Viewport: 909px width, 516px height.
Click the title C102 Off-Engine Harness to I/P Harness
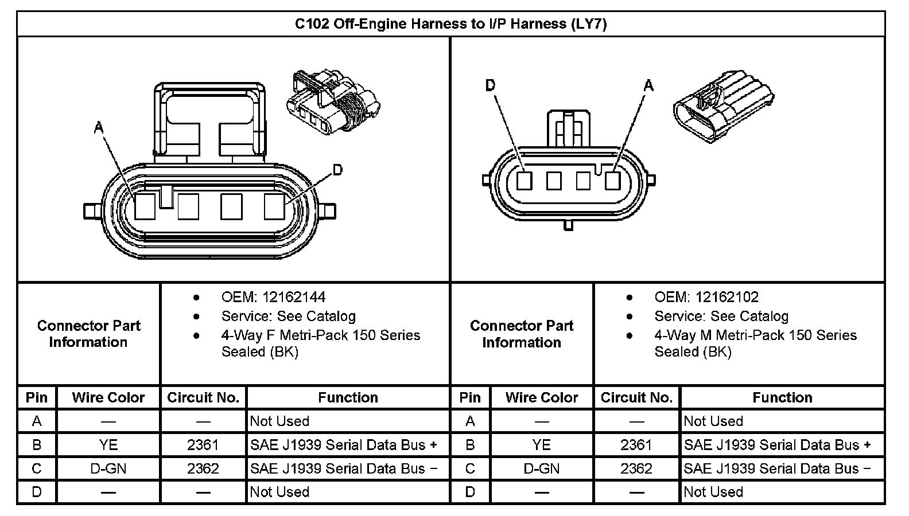[x=450, y=24]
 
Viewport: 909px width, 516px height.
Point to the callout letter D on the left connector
[x=337, y=170]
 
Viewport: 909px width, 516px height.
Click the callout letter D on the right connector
[x=490, y=85]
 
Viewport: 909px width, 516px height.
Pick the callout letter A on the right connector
[x=648, y=86]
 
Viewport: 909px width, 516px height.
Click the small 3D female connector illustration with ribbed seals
[x=333, y=101]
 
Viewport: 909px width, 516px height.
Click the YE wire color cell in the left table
[x=108, y=445]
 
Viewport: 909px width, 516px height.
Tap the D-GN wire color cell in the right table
[x=541, y=468]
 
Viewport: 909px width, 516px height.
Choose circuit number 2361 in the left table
[x=203, y=445]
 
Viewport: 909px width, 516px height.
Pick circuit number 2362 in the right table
[x=636, y=468]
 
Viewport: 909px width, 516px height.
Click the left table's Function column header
[x=348, y=397]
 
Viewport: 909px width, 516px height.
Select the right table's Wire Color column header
[x=541, y=397]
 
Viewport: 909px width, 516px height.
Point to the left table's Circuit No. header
[x=203, y=397]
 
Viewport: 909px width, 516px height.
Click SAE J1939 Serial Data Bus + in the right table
[x=777, y=445]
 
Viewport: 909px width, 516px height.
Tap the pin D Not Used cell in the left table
[x=279, y=492]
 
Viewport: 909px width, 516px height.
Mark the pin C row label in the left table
[x=37, y=468]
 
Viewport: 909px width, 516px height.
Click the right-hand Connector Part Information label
[x=521, y=334]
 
